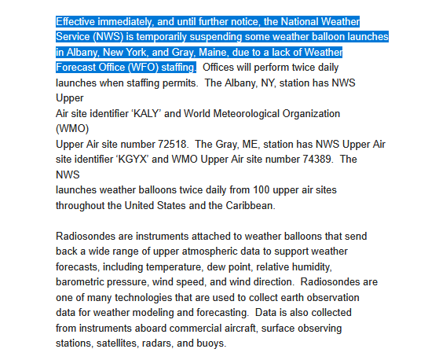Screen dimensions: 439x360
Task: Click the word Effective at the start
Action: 78,20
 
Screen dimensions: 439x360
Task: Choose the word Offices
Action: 221,68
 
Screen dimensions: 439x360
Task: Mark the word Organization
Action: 310,114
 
